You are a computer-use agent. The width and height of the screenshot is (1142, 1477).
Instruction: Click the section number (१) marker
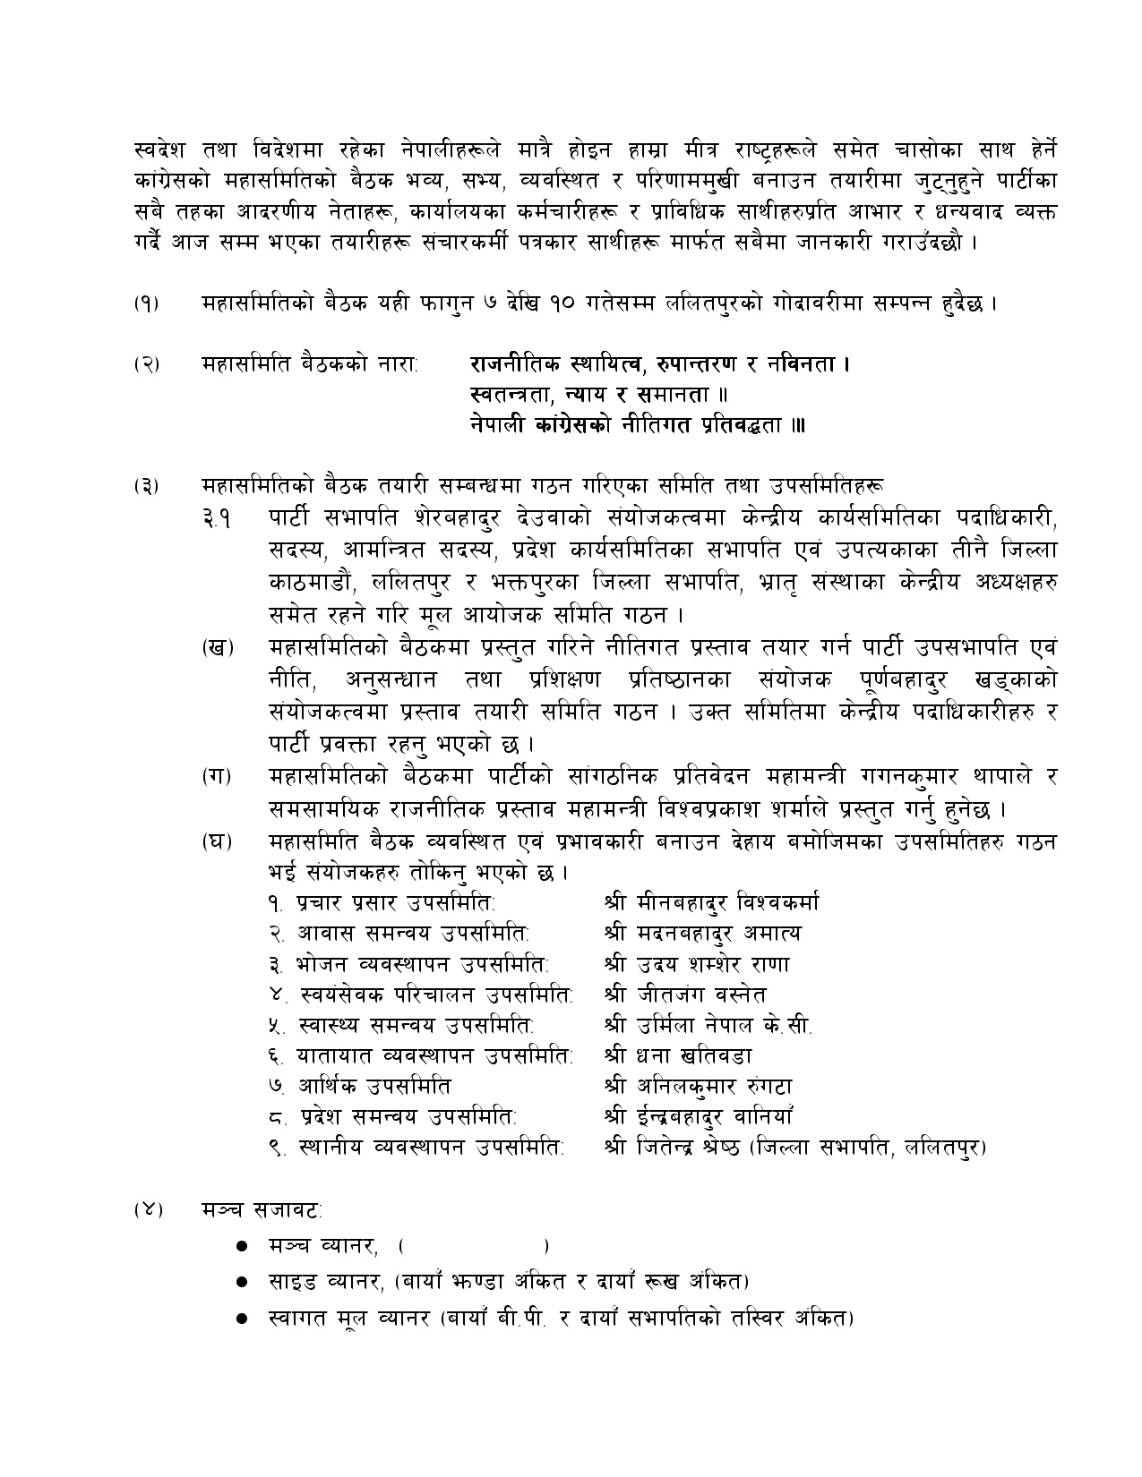coord(148,303)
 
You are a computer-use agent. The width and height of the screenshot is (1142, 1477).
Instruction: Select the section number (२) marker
coord(148,364)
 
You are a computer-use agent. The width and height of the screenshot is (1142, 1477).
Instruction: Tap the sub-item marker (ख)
coord(218,648)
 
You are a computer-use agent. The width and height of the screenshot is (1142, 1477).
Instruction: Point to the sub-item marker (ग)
coord(218,777)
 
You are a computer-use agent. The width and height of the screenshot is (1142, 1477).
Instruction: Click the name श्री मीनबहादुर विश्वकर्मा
coord(711,901)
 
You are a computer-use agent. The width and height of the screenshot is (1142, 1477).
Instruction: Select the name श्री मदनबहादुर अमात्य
coord(702,933)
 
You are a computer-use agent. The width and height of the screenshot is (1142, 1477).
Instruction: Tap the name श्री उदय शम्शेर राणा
coord(697,964)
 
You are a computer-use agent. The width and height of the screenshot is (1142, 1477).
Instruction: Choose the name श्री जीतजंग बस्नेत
coord(685,995)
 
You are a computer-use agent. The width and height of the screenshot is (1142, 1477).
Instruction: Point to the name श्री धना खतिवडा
coord(678,1056)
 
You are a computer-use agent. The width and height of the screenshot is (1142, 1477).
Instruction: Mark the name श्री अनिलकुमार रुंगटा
coord(699,1087)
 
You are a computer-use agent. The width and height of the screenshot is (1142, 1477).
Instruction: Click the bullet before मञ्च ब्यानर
coord(241,1246)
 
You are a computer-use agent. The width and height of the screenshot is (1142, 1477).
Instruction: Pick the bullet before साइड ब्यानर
coord(241,1282)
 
